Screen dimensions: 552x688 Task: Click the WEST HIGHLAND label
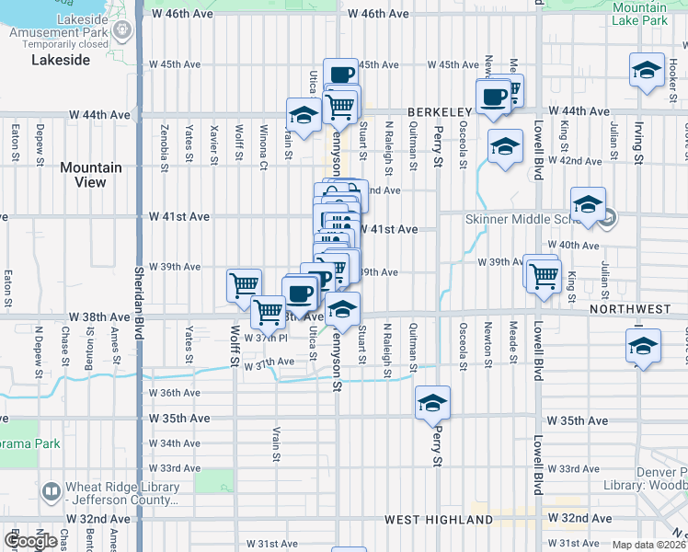(427, 521)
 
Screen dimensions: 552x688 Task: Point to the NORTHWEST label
(631, 310)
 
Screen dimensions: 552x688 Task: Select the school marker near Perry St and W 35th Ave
(432, 402)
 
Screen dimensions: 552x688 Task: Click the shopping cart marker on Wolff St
(244, 284)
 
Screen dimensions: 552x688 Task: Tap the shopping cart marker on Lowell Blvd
(544, 273)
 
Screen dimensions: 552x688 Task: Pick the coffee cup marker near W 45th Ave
(341, 75)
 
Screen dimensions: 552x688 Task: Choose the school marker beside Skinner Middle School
(587, 204)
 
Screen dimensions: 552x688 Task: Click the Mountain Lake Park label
(640, 13)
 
